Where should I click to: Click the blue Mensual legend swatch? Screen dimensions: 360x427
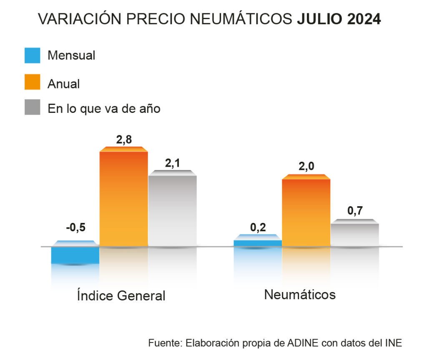[x=33, y=55]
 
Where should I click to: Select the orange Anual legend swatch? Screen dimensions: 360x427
[x=33, y=82]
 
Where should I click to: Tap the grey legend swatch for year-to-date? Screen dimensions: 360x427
[x=33, y=107]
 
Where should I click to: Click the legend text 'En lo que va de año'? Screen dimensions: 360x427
[x=104, y=108]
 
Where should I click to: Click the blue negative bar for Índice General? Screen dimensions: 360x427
[x=75, y=255]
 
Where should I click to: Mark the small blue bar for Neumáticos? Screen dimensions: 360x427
[x=258, y=242]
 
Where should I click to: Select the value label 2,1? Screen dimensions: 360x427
[x=172, y=164]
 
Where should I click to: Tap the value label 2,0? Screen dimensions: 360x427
[x=306, y=167]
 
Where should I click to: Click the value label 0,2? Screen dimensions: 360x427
[x=258, y=227]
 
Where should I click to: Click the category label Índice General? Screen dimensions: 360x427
[x=121, y=295]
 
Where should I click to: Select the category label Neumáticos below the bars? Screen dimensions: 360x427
[x=300, y=295]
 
